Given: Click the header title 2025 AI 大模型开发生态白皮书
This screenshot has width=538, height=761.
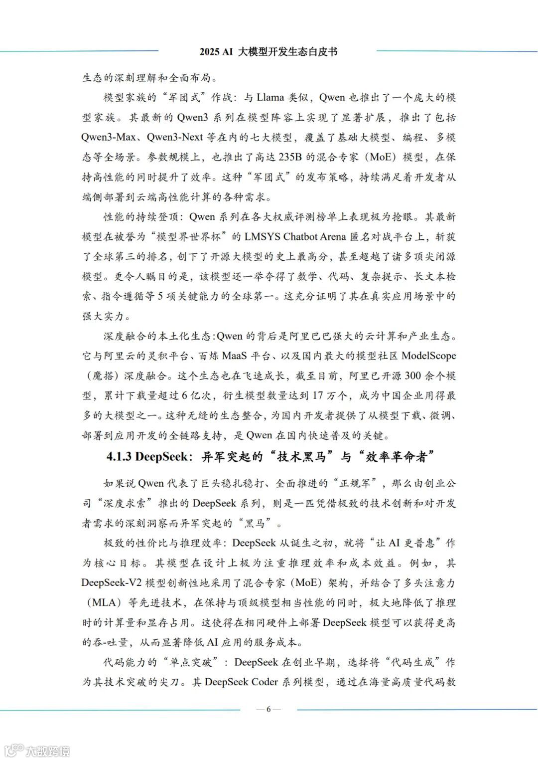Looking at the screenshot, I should [269, 52].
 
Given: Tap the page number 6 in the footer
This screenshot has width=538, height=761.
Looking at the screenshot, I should [269, 709].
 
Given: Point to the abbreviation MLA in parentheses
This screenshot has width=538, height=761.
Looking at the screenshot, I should [105, 602].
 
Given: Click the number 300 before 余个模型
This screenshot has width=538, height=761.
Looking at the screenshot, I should [413, 376].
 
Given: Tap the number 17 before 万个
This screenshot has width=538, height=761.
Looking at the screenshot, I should [318, 396].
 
